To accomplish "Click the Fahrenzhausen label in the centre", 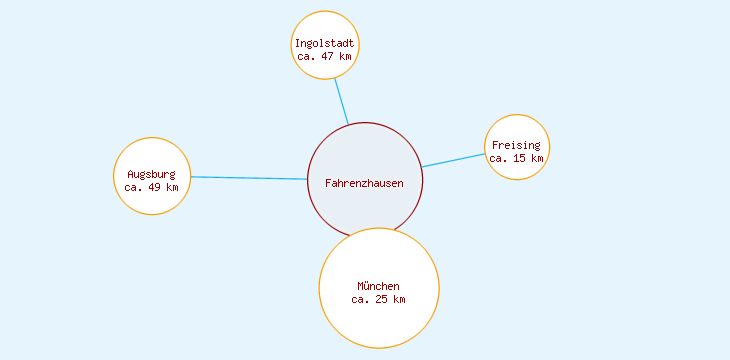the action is [x=364, y=183].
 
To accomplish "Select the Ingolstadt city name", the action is [x=324, y=43].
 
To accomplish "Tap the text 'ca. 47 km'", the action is [x=324, y=56].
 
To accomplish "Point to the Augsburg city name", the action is [x=151, y=174].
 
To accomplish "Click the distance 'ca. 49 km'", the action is [x=151, y=187].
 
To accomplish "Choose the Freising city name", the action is [x=516, y=145].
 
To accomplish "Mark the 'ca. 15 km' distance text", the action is [x=516, y=158].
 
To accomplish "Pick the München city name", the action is [x=378, y=286].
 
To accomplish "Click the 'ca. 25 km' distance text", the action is [x=378, y=299].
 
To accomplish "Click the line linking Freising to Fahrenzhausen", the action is [x=453, y=160].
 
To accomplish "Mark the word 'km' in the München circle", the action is [x=399, y=299].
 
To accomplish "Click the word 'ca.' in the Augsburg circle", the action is [x=134, y=187].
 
